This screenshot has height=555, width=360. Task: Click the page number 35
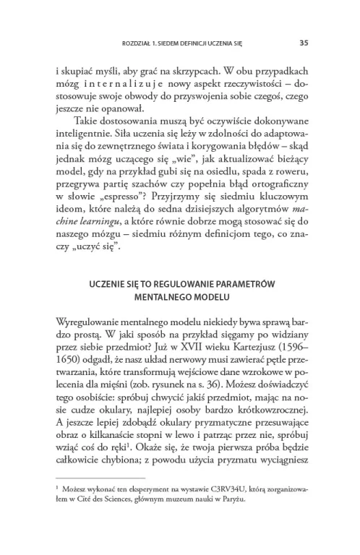click(x=304, y=43)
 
